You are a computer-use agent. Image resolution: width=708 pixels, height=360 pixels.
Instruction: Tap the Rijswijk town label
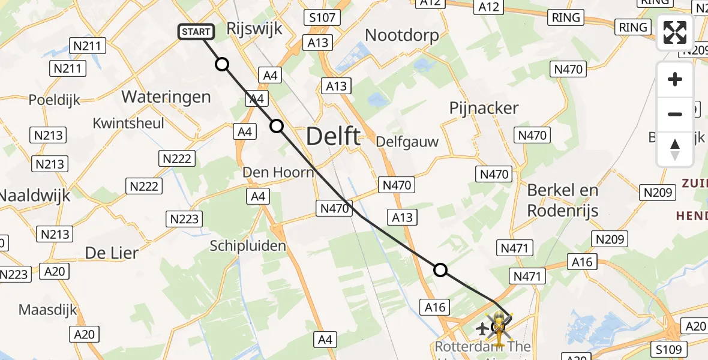point(255,29)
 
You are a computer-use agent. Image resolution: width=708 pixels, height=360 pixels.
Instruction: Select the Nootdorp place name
point(402,35)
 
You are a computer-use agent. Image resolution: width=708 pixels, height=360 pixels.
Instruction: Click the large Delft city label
point(333,137)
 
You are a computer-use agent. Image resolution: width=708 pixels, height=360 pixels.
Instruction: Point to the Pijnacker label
point(484,108)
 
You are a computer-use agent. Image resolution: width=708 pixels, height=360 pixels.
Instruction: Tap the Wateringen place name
point(166,97)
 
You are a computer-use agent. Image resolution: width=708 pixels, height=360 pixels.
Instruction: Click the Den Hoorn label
point(278,173)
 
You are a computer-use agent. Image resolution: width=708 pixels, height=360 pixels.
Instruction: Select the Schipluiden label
point(248,245)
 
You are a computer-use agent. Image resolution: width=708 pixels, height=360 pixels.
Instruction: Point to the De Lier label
point(112,253)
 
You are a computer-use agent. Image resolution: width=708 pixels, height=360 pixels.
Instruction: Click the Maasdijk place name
point(48,310)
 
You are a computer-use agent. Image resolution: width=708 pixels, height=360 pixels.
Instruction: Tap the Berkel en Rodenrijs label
point(562,200)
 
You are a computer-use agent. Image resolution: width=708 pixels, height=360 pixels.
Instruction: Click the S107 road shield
point(322,17)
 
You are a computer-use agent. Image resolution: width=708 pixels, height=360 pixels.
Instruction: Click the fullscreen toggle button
point(675,32)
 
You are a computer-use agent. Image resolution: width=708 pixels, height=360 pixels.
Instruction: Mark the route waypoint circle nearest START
point(222,64)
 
